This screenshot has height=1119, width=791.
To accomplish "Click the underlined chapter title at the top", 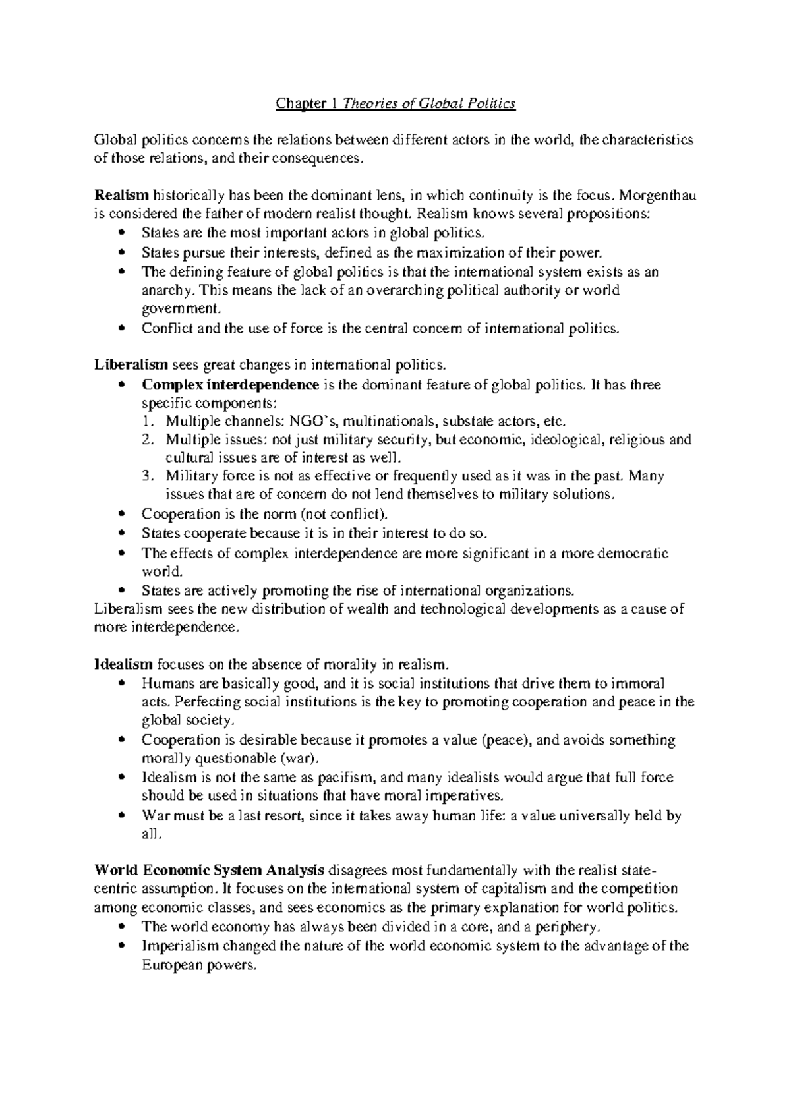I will (x=395, y=103).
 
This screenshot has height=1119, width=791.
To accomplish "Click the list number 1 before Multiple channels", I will (x=149, y=422).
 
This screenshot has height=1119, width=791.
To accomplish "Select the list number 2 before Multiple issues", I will (x=149, y=440).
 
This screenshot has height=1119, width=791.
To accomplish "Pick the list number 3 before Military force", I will (x=149, y=476).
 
